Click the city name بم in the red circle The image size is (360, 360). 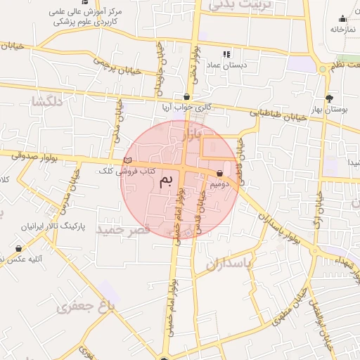coord(167,181)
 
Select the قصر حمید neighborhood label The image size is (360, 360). coord(124,230)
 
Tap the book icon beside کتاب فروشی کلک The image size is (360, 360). coord(127,161)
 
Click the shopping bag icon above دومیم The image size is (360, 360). coord(220,173)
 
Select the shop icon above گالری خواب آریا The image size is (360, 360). coord(186,97)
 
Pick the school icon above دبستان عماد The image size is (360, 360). coord(226,54)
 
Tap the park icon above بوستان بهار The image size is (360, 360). coord(329,98)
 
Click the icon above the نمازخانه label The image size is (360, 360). coord(342,19)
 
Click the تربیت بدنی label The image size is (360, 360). coord(239,6)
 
